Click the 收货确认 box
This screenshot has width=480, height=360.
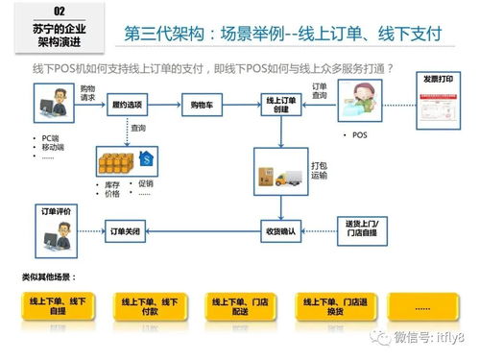tap(279, 230)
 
